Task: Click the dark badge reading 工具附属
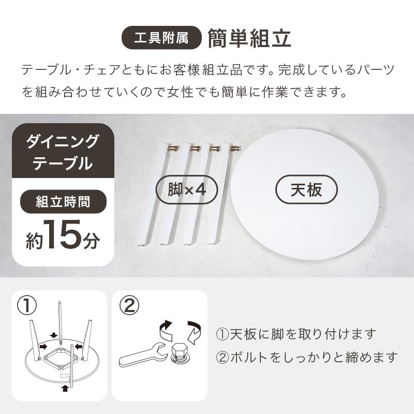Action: coord(161,38)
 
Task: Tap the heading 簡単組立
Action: coord(249,38)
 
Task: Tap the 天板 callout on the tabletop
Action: coord(306,190)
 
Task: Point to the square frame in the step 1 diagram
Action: coord(61,359)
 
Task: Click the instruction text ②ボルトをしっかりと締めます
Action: coord(306,357)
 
